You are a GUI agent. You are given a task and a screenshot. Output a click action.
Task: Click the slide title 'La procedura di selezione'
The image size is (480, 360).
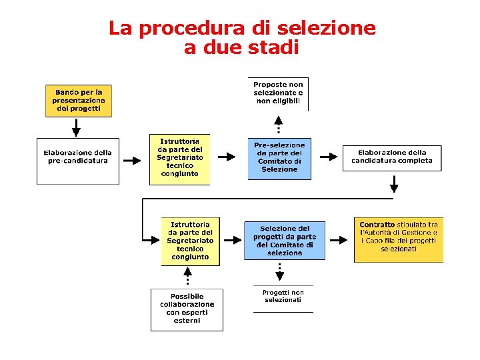(x=242, y=29)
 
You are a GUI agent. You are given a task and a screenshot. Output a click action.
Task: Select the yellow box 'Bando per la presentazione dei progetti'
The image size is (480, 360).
(x=79, y=101)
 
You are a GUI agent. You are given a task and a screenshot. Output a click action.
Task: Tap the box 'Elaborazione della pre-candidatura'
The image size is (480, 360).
(x=77, y=160)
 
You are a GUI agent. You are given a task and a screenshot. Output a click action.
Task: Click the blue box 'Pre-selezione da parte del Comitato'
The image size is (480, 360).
(x=279, y=159)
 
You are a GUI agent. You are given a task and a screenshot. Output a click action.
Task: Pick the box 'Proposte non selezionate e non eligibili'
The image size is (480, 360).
(x=278, y=93)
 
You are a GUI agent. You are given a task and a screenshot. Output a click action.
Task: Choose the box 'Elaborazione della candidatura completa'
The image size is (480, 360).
(x=392, y=157)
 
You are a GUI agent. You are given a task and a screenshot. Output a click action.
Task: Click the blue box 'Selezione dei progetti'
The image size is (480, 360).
(x=285, y=241)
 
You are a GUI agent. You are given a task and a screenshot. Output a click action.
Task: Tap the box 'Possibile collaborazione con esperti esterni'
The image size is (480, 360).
(x=187, y=309)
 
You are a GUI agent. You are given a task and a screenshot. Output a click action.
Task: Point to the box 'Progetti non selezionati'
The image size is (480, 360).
(x=283, y=297)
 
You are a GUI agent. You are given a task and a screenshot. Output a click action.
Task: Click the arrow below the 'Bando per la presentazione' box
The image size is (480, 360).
(x=76, y=127)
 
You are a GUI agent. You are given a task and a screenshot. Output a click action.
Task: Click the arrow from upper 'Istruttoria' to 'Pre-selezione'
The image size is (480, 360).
(x=227, y=157)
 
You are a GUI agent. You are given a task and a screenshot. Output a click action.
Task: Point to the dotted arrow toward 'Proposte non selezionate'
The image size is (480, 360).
(x=279, y=125)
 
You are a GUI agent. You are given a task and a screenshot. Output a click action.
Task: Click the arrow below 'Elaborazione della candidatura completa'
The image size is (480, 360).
(x=394, y=183)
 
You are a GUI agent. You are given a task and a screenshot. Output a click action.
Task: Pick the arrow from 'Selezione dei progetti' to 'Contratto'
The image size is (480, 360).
(x=340, y=239)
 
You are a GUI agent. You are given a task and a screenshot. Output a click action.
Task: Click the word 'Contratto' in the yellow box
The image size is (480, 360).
(x=377, y=225)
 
